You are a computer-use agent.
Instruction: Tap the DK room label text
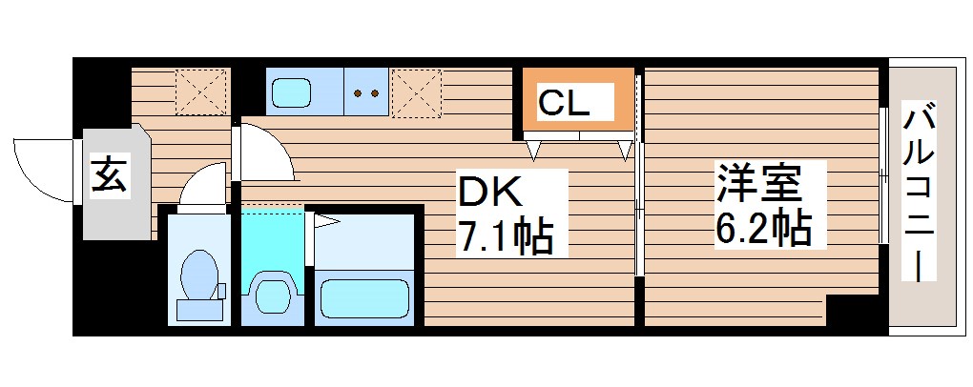pyautogui.click(x=491, y=194)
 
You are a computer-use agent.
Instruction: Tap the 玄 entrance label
pyautogui.click(x=109, y=177)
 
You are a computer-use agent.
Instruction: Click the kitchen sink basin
pyautogui.click(x=292, y=92)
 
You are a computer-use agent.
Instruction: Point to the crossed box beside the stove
pyautogui.click(x=416, y=92)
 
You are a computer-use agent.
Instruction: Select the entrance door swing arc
pyautogui.click(x=43, y=167)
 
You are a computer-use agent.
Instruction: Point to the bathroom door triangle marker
pyautogui.click(x=327, y=222)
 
